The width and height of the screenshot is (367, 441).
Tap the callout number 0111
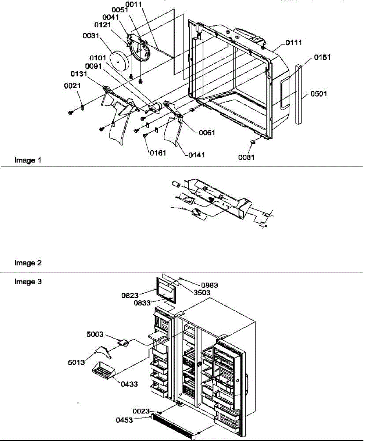tap(294, 43)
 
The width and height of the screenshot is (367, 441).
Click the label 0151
tap(322, 58)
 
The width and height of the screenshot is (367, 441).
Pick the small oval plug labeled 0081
tap(253, 142)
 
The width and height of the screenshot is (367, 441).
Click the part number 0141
tap(196, 155)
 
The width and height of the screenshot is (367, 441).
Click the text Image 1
tap(28, 160)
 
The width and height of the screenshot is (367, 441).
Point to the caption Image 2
tap(28, 263)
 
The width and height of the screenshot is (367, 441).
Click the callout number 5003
tap(95, 334)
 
